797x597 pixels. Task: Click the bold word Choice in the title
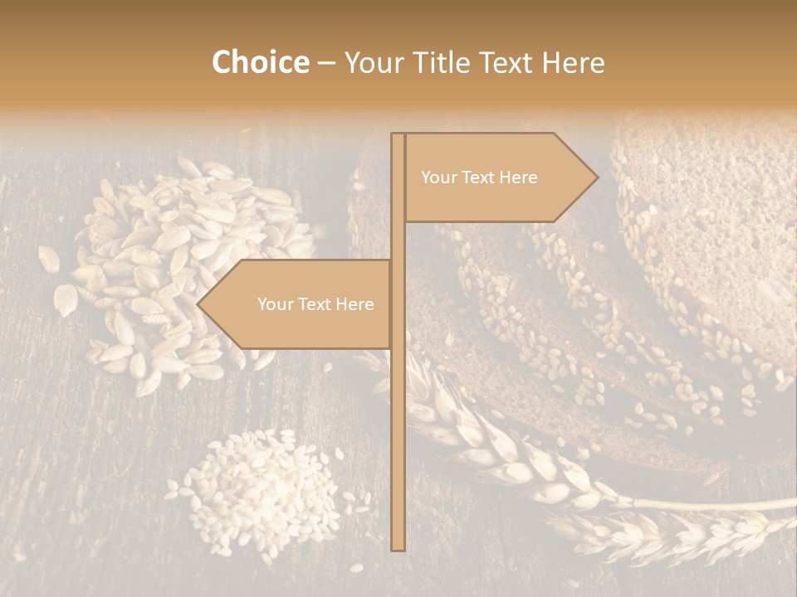pos(260,62)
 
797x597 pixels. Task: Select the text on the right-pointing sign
pos(479,177)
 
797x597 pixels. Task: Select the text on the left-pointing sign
pos(315,304)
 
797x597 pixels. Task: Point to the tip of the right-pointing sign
pos(596,177)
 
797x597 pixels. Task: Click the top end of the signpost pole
pos(398,135)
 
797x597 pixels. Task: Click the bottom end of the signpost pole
pos(398,548)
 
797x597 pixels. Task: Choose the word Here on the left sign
pos(354,304)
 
